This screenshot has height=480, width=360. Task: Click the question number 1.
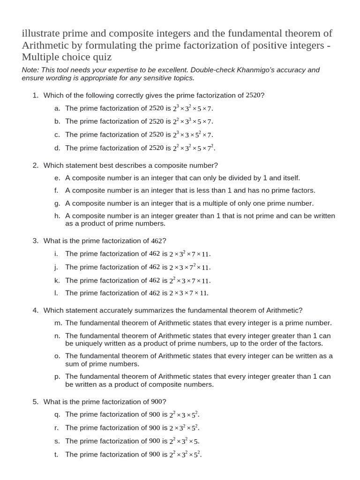(35, 95)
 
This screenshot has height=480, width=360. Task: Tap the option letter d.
(57, 148)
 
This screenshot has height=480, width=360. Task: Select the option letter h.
(57, 216)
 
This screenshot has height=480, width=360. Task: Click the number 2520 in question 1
(253, 95)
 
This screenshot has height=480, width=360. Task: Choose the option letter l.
(56, 293)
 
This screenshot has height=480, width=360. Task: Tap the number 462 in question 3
(156, 240)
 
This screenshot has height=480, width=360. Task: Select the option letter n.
(57, 336)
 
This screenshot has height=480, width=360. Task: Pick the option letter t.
(56, 454)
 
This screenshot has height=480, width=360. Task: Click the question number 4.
(35, 310)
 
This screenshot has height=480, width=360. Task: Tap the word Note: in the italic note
(31, 70)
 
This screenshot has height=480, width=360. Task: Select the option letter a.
(57, 108)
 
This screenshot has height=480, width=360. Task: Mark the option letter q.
(57, 414)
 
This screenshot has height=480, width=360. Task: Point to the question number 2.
(35, 165)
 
